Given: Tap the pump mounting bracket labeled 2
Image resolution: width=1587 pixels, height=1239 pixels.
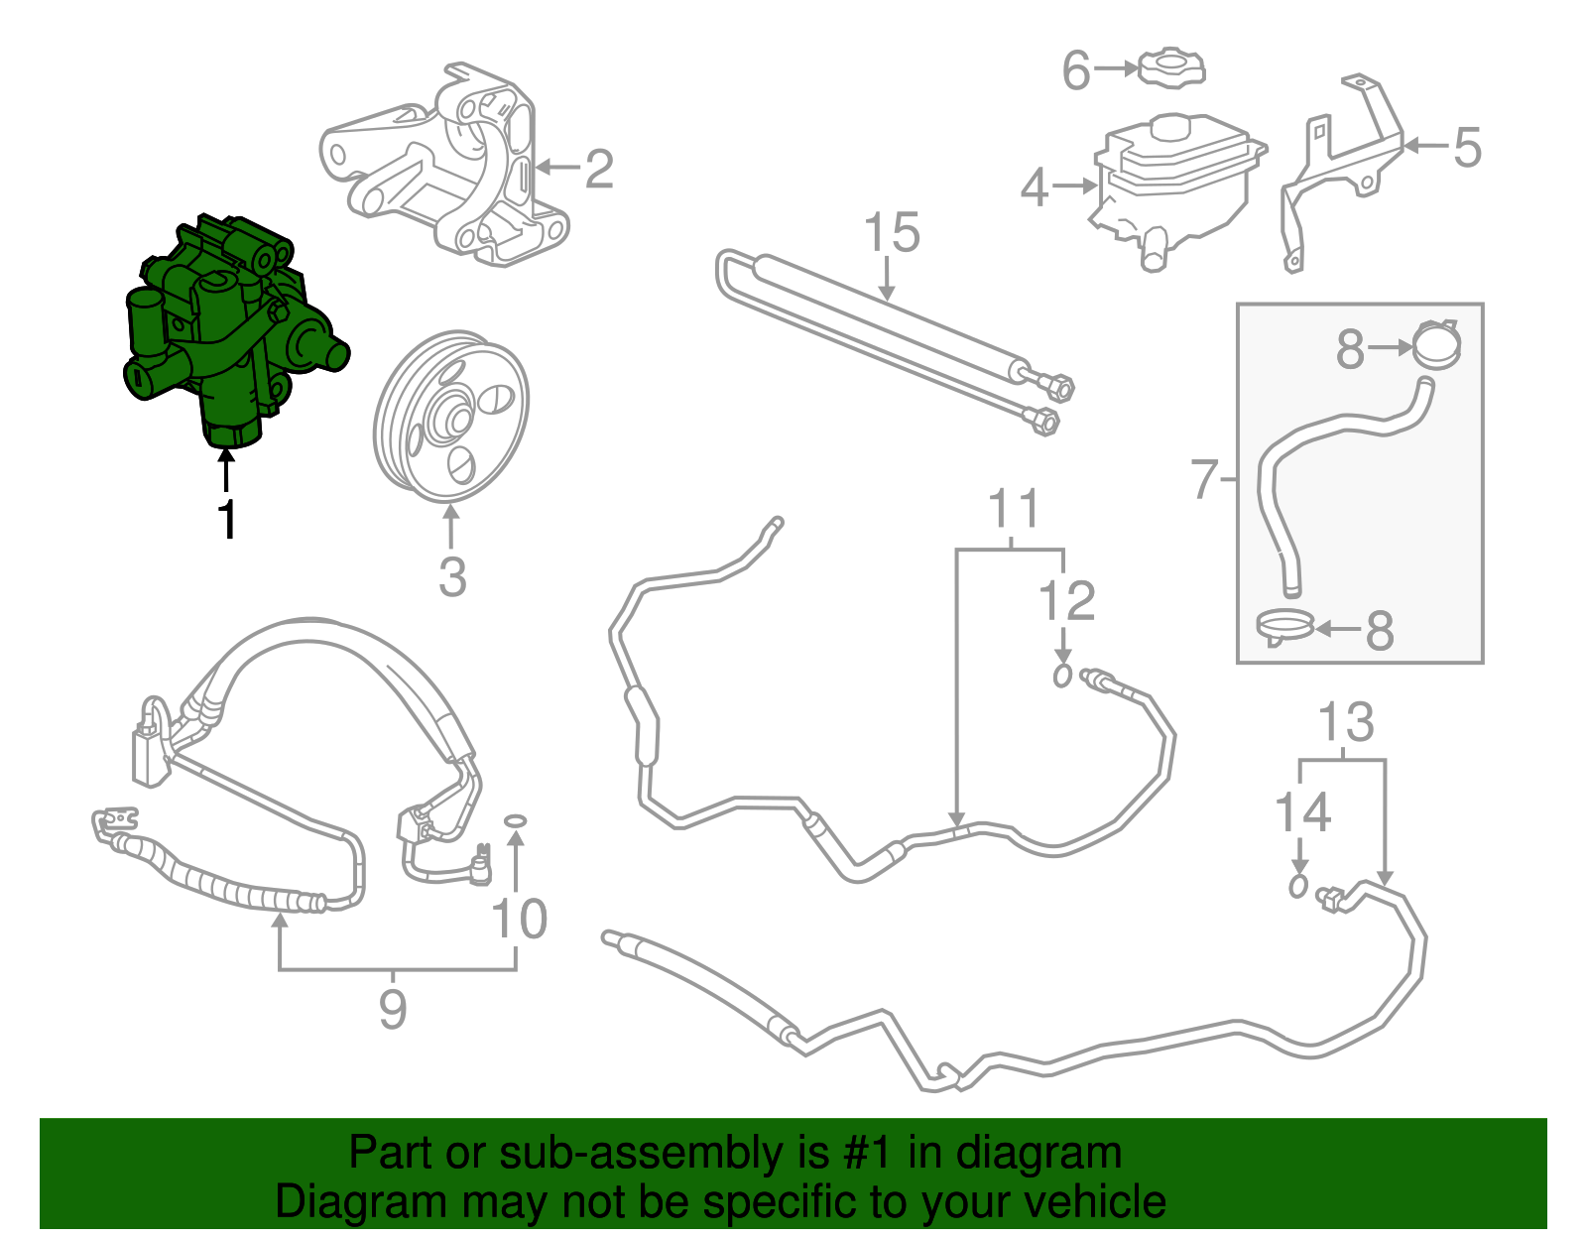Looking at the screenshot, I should coord(446,169).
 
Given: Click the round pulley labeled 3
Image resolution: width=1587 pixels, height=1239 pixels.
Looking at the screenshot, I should coord(451,417).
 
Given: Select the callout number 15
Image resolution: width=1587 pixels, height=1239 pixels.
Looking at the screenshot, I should coord(892,234).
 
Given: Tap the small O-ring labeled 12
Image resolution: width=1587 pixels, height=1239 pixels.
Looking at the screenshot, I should coord(1063,677).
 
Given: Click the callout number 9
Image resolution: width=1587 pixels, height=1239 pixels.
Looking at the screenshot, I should coord(393,1009).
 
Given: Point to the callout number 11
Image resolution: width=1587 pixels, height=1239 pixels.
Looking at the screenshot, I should coord(1014,510).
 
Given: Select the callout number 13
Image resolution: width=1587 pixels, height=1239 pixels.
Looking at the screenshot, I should coord(1346,722).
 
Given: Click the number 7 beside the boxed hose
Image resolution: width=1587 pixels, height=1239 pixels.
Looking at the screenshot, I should coord(1203,480).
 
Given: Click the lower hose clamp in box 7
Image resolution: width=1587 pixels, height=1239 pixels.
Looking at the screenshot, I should coord(1284,626).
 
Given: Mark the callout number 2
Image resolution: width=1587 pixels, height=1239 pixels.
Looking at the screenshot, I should coord(599,170).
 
